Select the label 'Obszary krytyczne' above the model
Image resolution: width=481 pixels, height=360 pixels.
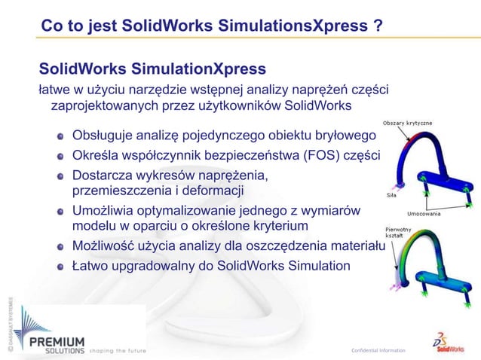click(x=407, y=123)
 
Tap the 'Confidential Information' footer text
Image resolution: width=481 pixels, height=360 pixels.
click(x=378, y=350)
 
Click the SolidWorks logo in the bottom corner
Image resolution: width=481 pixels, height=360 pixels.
click(x=448, y=340)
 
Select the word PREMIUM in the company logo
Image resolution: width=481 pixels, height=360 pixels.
click(x=57, y=341)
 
